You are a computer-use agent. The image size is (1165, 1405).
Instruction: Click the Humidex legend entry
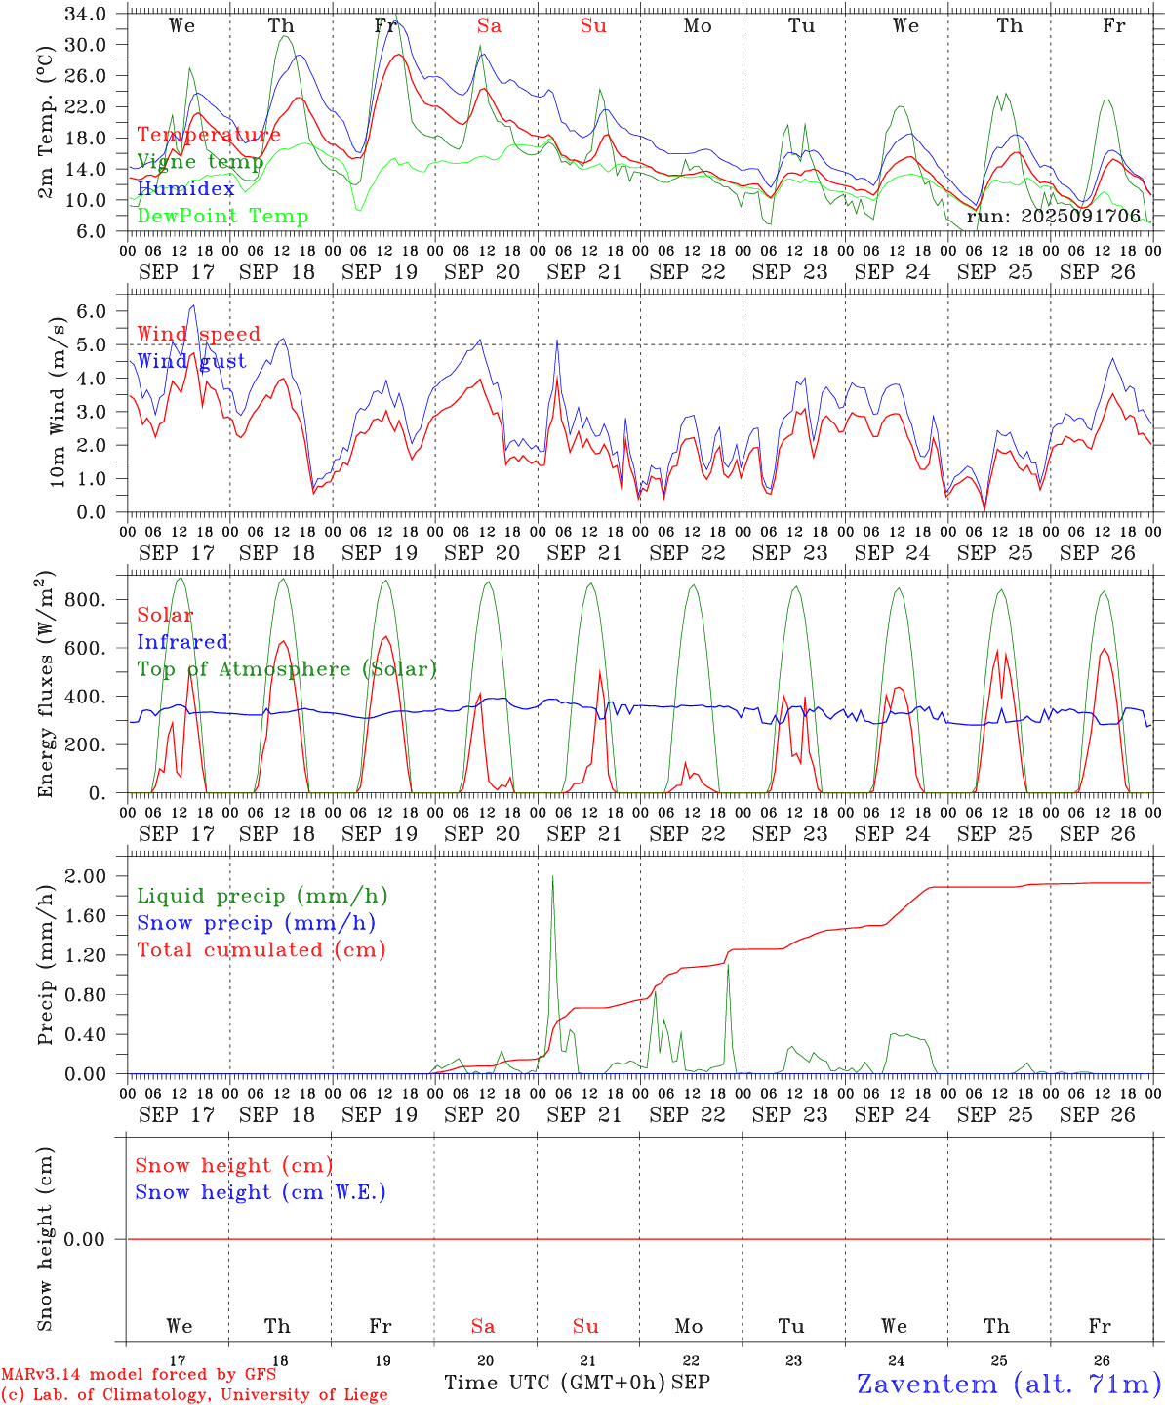point(185,189)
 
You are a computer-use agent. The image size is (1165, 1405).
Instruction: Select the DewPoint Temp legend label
point(222,217)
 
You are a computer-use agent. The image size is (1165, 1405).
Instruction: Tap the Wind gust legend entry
point(191,361)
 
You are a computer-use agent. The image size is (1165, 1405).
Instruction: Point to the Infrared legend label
point(182,642)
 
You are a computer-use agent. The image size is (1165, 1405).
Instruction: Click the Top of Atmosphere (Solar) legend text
point(286,669)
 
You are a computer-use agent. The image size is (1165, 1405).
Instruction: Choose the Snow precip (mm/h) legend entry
point(256,923)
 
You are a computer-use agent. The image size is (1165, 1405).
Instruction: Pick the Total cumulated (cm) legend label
point(261,950)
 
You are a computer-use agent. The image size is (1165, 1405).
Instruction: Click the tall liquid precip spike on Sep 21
point(552,878)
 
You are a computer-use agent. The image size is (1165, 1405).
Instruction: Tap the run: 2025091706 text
point(1053,217)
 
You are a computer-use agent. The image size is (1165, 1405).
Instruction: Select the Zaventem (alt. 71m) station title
point(1009,1384)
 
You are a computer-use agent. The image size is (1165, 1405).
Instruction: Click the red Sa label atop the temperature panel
point(489,26)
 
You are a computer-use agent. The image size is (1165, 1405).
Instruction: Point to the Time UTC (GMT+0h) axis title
point(555,1383)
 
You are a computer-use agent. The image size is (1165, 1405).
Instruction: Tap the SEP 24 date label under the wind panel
point(892,553)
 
